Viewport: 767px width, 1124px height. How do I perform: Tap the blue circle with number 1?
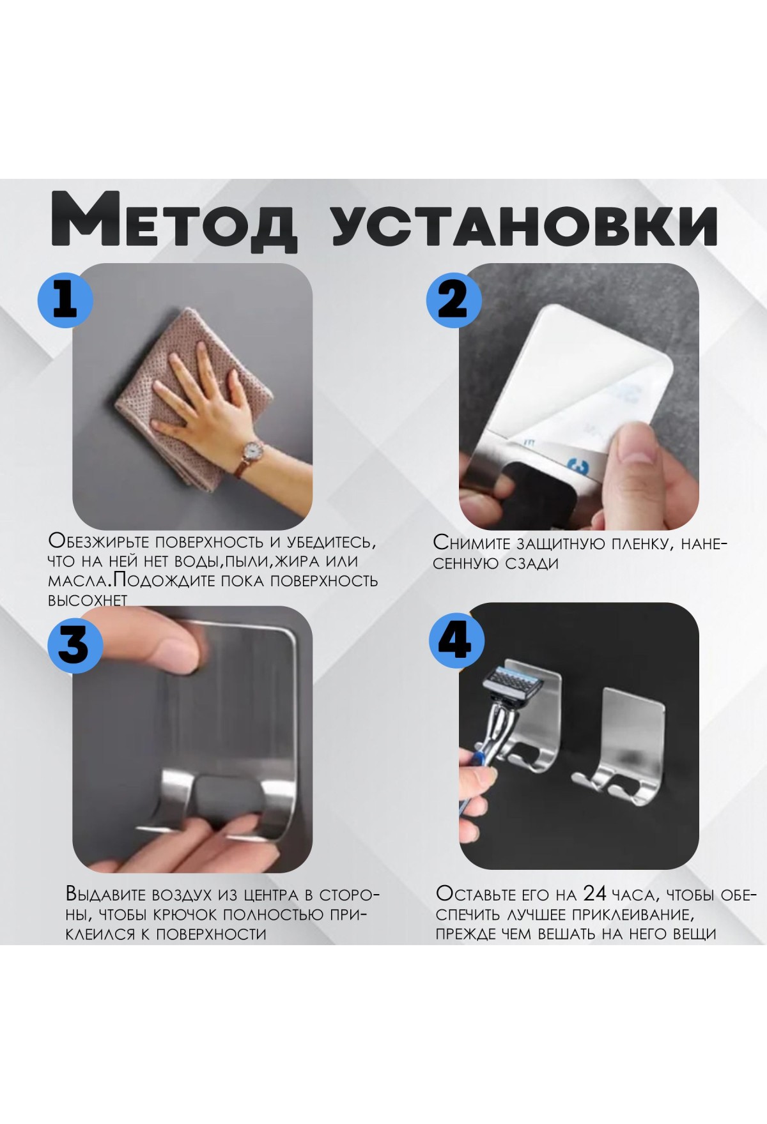66,298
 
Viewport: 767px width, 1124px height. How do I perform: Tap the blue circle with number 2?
454,298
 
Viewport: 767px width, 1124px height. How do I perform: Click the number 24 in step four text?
595,893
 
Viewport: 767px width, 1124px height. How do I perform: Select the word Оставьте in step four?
479,893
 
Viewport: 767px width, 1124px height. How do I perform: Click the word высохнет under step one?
88,600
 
